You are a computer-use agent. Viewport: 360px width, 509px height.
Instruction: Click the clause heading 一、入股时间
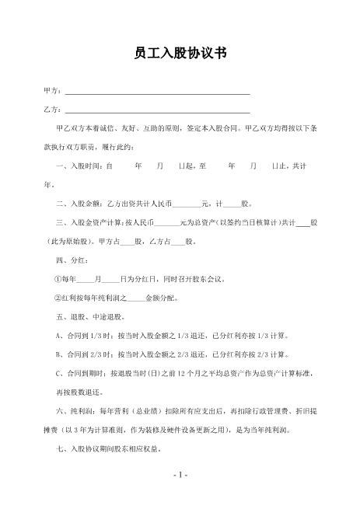click(81, 166)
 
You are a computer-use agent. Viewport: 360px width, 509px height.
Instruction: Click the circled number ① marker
click(58, 279)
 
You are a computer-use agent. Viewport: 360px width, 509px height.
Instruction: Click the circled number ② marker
click(58, 298)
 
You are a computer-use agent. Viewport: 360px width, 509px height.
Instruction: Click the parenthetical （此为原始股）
click(71, 242)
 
